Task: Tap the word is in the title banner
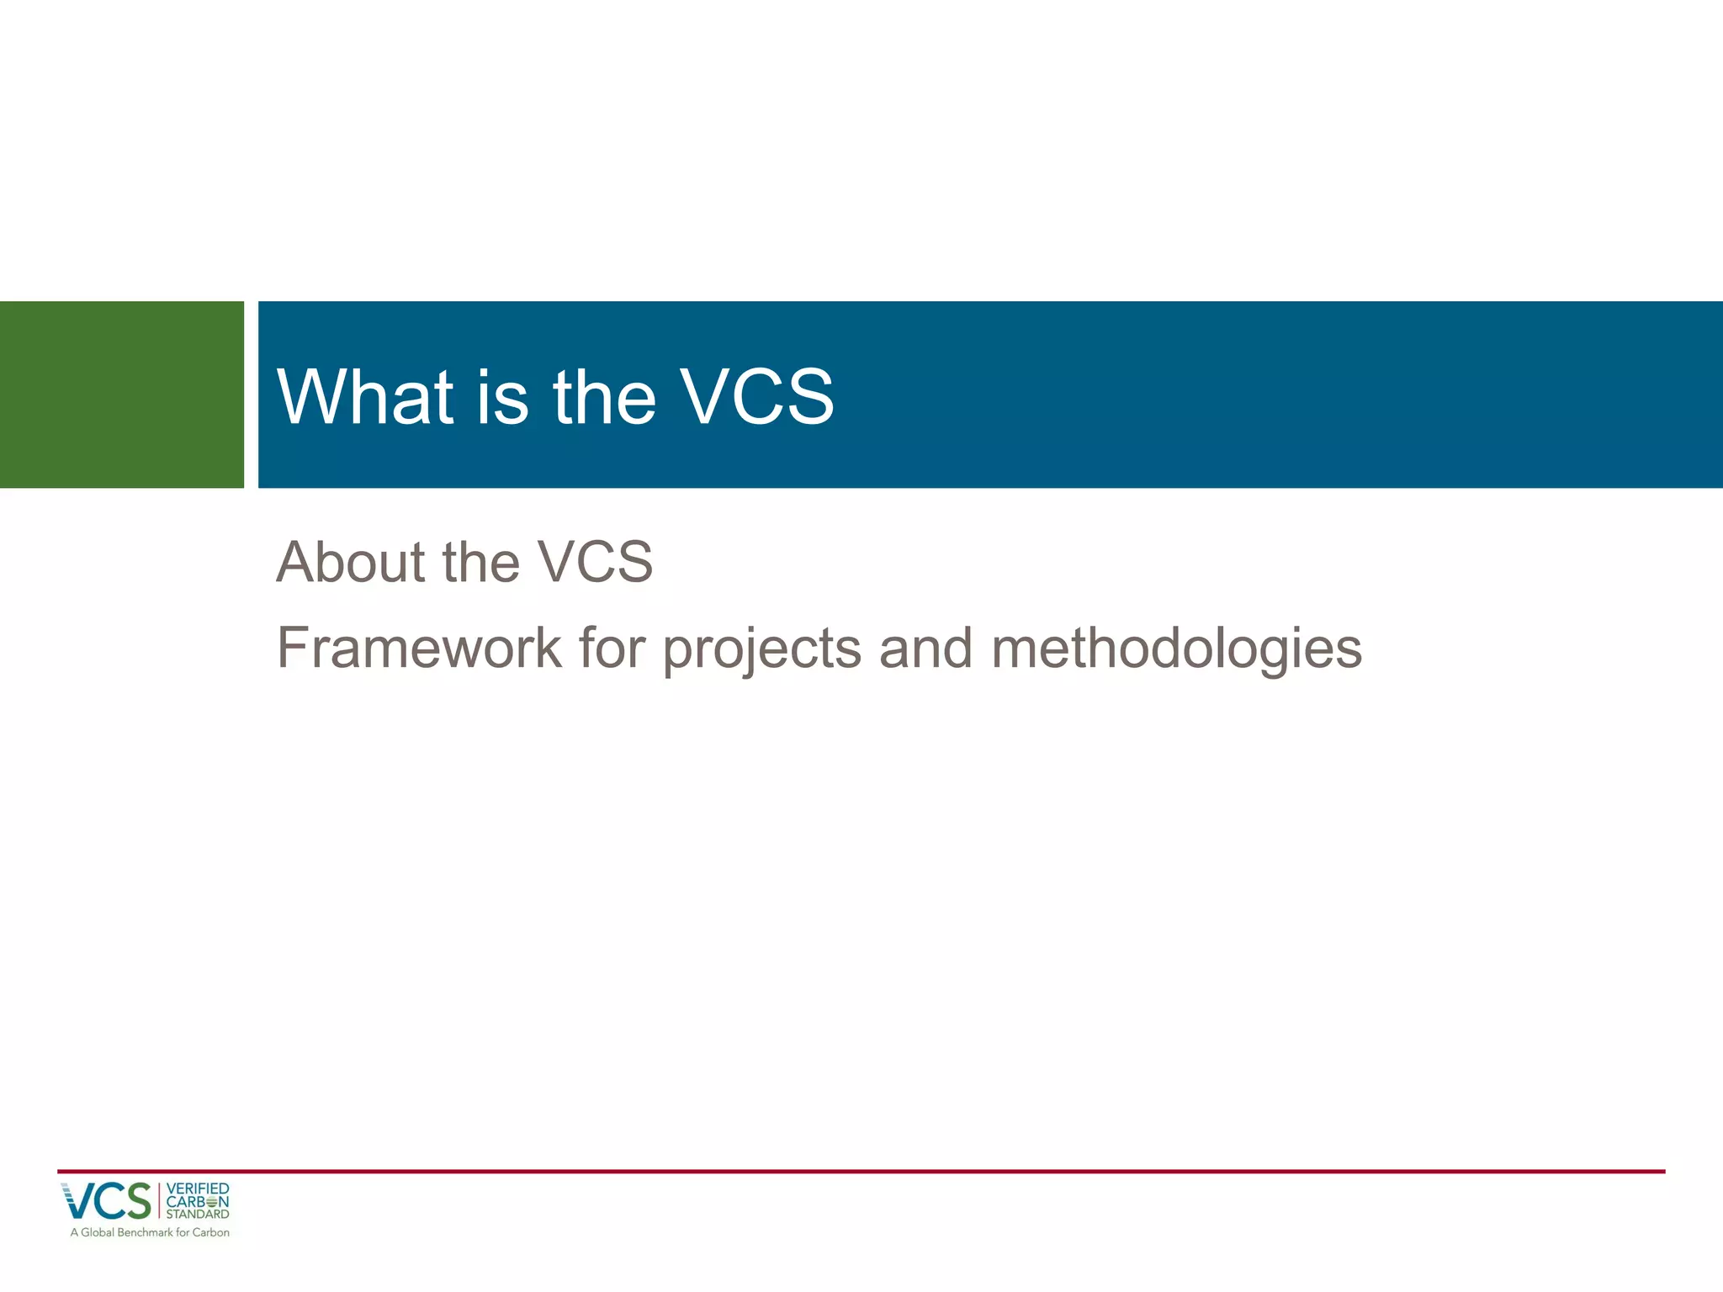pos(502,397)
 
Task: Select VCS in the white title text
pos(756,397)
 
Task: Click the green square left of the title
pos(121,394)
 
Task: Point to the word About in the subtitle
pos(350,562)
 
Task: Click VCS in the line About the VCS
pos(595,562)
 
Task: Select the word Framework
pos(419,649)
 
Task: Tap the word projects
pos(761,650)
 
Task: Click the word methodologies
pos(1176,650)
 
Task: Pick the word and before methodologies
pos(925,649)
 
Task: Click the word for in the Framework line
pos(612,649)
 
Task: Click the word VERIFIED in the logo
pos(198,1189)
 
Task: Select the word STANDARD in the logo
pos(198,1214)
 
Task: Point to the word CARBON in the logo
pos(198,1201)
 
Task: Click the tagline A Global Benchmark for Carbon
pos(150,1232)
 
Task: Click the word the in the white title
pos(604,397)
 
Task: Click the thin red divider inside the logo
pos(159,1201)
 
